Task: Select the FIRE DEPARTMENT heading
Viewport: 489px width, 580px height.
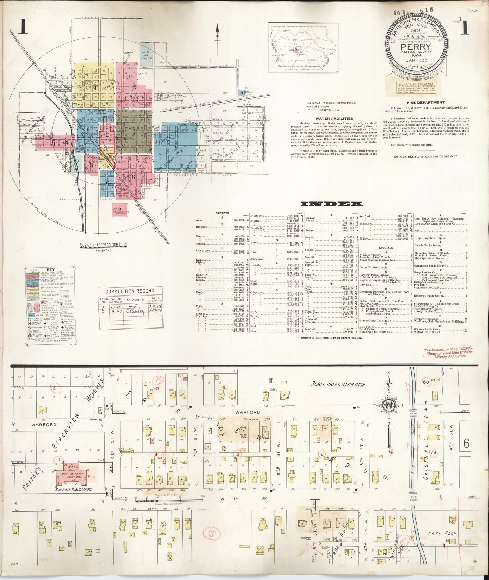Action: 426,102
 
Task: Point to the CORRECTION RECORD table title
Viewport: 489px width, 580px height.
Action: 130,291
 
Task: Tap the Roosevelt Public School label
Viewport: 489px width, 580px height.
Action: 73,489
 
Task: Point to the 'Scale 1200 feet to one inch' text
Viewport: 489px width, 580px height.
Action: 103,245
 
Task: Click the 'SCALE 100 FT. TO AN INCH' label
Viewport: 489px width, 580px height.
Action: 339,384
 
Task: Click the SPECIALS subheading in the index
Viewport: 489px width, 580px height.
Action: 386,248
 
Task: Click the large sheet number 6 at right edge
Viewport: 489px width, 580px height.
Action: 466,444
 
